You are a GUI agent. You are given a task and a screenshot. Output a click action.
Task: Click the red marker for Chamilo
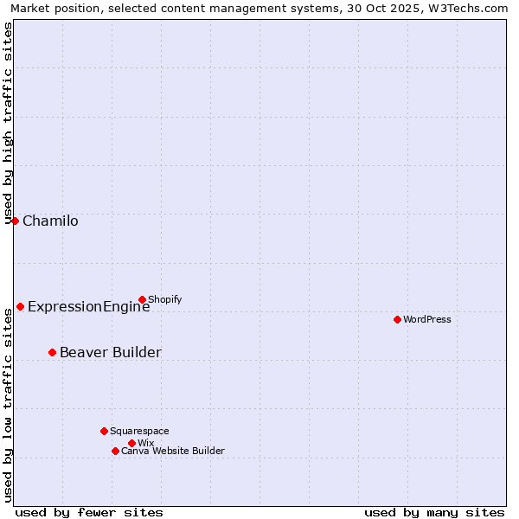[x=15, y=221]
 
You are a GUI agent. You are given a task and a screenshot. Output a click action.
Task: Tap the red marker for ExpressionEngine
[x=20, y=306]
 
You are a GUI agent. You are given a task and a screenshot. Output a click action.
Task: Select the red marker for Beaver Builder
[x=52, y=352]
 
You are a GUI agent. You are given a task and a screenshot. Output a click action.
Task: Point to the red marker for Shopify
[x=142, y=299]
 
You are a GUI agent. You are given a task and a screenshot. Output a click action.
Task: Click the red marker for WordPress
[x=397, y=319]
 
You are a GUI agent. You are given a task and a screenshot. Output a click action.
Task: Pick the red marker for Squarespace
[x=104, y=431]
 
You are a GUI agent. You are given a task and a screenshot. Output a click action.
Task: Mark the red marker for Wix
[x=131, y=443]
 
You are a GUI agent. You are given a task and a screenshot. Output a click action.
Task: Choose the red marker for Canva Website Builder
[x=115, y=451]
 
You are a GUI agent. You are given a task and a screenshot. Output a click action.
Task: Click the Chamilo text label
[x=50, y=221]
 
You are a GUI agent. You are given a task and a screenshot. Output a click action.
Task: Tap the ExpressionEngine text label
[x=88, y=307]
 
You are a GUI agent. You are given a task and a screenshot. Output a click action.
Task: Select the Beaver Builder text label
[x=110, y=353]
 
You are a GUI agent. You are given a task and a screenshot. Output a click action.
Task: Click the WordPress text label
[x=427, y=320]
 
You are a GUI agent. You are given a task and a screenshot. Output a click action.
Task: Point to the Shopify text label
[x=165, y=300]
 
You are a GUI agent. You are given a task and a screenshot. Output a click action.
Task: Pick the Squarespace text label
[x=139, y=432]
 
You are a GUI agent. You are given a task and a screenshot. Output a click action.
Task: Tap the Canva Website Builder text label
[x=173, y=452]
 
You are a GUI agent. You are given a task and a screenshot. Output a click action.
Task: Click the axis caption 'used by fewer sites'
[x=89, y=513]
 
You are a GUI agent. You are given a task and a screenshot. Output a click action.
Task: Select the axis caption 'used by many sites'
[x=434, y=513]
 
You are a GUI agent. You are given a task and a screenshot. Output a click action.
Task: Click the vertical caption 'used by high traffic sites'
[x=9, y=123]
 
